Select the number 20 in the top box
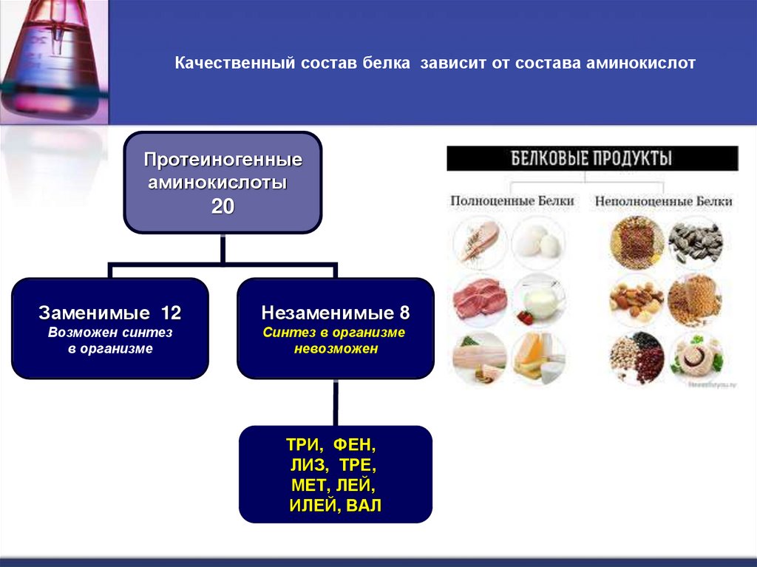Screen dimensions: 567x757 pos(223,207)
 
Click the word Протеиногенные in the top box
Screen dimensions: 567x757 pos(223,160)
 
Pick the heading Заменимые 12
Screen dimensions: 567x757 pos(109,313)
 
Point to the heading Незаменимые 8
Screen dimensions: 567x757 pos(335,313)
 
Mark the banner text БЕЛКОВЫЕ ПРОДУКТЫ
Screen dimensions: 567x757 pos(592,158)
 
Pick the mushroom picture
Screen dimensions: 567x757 pos(694,358)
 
